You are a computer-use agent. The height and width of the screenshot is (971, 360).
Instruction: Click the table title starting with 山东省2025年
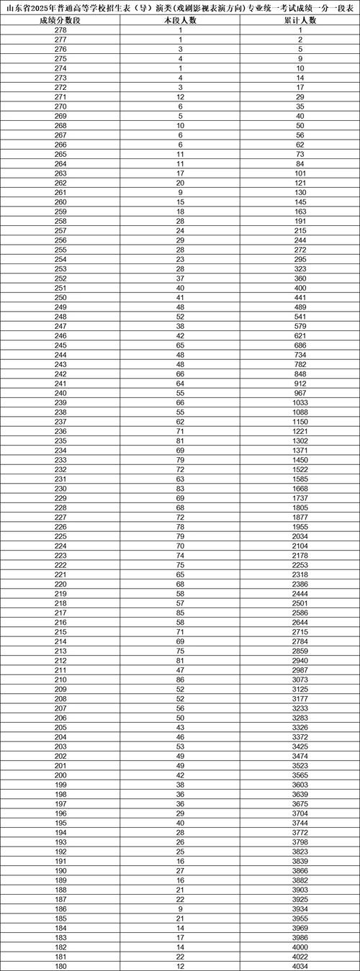click(180, 7)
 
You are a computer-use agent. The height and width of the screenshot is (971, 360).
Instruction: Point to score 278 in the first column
click(60, 31)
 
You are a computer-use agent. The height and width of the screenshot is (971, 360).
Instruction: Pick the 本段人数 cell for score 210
click(180, 679)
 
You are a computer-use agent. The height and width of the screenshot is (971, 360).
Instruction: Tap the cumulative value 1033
click(300, 402)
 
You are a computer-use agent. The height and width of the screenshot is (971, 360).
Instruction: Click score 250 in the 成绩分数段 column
click(60, 298)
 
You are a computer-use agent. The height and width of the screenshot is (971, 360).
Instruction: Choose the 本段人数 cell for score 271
click(180, 97)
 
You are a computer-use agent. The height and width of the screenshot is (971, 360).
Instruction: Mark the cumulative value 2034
click(300, 536)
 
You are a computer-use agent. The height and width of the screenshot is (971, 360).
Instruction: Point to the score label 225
click(60, 536)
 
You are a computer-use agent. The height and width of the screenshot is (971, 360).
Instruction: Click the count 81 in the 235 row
click(180, 441)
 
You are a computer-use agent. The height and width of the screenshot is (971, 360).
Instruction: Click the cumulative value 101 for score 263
click(300, 173)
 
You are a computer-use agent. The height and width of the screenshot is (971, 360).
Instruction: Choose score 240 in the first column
click(60, 393)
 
